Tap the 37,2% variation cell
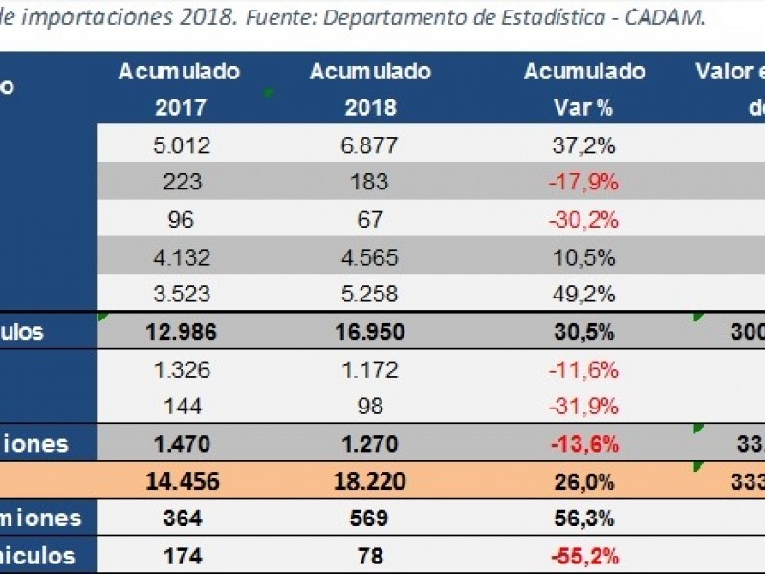[x=583, y=145]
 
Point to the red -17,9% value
[x=583, y=182]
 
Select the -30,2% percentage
[x=583, y=219]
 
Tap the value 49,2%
[x=583, y=294]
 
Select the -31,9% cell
[x=583, y=406]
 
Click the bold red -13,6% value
[x=583, y=444]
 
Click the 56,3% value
[x=583, y=519]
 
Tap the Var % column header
[x=583, y=107]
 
